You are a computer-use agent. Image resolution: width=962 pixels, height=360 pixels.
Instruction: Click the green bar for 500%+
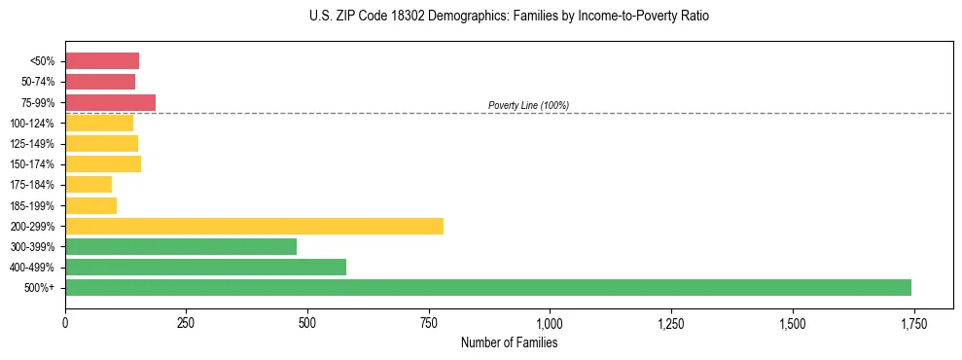coord(488,287)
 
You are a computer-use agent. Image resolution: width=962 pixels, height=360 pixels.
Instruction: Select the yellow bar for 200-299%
coord(254,226)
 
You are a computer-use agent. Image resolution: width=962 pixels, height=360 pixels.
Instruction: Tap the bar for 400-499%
coord(205,267)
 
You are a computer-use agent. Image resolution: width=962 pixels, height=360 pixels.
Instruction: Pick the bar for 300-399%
coord(181,246)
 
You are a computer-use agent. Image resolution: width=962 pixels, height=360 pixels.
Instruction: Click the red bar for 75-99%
coord(110,102)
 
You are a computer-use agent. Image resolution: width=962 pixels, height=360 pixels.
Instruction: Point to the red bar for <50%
coord(102,60)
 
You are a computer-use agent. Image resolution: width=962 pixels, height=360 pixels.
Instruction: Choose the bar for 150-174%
coord(103,163)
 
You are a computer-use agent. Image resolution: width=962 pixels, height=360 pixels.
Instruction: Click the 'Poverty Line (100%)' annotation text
coord(528,105)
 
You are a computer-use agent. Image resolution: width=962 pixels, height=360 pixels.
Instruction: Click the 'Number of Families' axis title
coord(509,342)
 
